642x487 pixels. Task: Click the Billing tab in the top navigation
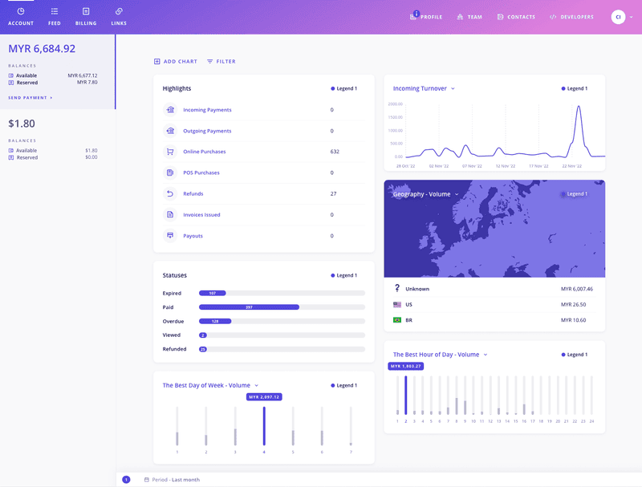click(x=86, y=16)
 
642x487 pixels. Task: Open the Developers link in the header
click(x=571, y=17)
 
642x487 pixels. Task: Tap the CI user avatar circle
click(x=618, y=17)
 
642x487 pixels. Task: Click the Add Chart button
click(x=176, y=61)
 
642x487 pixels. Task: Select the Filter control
click(x=221, y=61)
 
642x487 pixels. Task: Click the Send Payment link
click(x=30, y=97)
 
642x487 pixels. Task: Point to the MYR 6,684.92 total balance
click(x=42, y=49)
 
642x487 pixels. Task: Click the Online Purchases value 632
click(x=335, y=152)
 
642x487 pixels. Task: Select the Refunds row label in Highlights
click(x=193, y=193)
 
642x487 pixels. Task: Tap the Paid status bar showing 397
click(x=249, y=307)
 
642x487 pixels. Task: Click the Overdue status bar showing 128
click(x=215, y=321)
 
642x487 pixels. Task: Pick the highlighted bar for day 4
click(x=264, y=425)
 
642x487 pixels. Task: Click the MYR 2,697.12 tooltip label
click(x=264, y=396)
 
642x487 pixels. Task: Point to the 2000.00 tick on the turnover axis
click(x=395, y=104)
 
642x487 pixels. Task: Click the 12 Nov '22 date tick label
click(x=505, y=166)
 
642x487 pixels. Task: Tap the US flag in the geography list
click(x=397, y=305)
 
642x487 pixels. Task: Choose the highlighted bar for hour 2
click(x=405, y=395)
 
